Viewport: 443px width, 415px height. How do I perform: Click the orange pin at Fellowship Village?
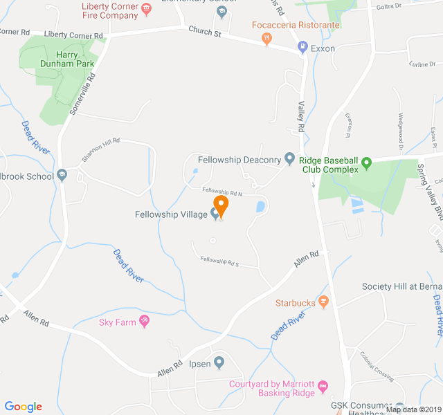coord(221,205)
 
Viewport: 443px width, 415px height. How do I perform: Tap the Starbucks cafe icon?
coord(323,302)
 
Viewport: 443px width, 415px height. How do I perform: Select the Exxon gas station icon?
coord(302,48)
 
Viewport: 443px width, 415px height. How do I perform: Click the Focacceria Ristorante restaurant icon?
coord(266,39)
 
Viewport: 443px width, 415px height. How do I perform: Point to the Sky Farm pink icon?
coord(144,321)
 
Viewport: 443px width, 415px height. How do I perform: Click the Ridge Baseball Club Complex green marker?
coord(367,164)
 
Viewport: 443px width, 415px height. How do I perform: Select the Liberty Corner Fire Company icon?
coord(146,10)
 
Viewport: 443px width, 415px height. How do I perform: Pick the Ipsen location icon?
coord(219,362)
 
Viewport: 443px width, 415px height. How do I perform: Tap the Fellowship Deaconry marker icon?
coord(290,160)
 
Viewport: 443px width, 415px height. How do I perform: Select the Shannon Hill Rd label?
coord(100,149)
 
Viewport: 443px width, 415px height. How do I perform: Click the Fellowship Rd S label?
coord(219,262)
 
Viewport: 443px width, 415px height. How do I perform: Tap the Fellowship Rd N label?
coord(222,191)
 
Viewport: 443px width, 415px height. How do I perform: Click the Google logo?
coord(23,407)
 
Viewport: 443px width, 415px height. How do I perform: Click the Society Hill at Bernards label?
coord(402,286)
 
